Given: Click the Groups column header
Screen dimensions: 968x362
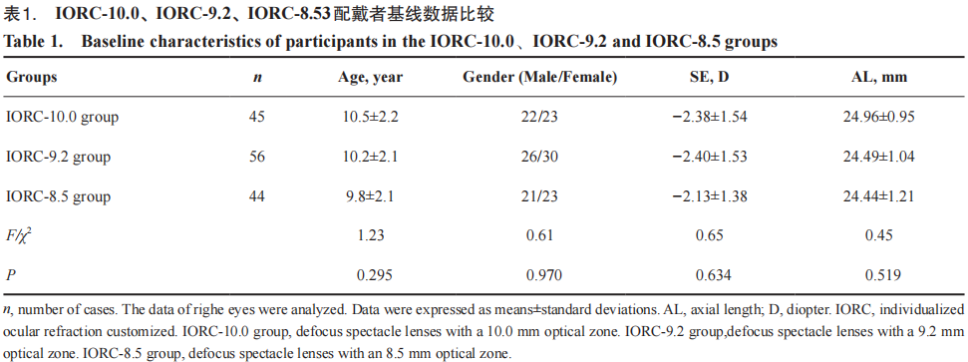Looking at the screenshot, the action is point(32,77).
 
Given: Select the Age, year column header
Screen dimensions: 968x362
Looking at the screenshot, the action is point(371,77).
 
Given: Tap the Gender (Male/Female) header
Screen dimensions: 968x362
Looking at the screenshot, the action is point(540,77).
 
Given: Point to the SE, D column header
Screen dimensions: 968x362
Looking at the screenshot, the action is point(714,77).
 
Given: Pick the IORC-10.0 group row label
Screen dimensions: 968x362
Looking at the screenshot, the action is point(62,117).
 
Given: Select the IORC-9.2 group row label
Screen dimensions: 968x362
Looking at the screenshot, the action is point(59,157).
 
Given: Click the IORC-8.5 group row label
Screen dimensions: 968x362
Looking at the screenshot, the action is point(59,197).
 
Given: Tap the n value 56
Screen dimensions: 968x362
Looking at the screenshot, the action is point(257,157).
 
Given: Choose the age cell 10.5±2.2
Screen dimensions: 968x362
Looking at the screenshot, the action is point(371,117).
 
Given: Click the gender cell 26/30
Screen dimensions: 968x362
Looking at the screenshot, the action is point(540,157).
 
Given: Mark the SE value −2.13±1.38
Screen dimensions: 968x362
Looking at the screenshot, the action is point(714,197).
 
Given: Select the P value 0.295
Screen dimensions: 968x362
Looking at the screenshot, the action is point(371,275).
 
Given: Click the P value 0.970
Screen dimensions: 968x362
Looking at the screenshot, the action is point(544,275).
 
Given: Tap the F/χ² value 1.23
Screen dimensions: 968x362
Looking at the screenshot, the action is point(371,235).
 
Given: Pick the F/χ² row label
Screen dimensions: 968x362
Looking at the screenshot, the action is point(19,235).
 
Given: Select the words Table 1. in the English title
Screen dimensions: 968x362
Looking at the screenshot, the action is point(33,42).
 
